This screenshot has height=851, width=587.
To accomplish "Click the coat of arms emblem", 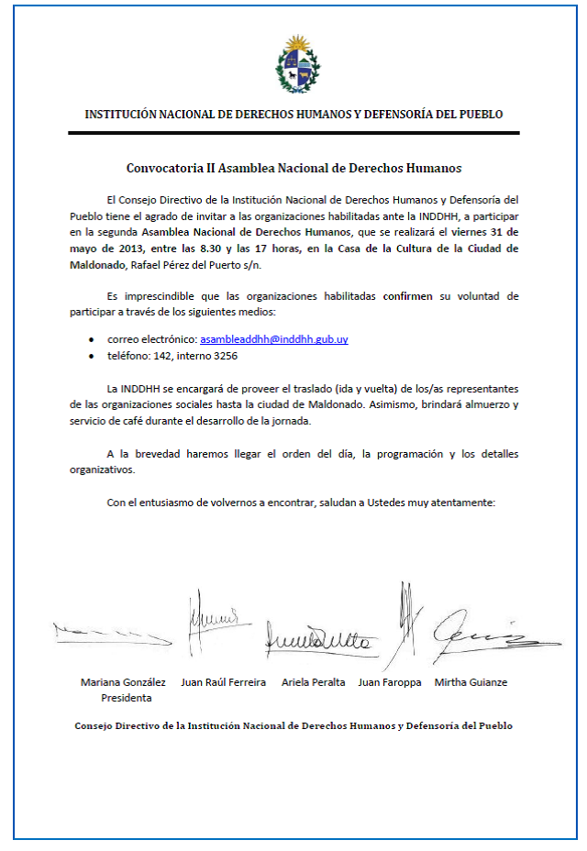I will pyautogui.click(x=298, y=63).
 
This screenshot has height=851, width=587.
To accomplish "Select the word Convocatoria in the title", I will pyautogui.click(x=162, y=169).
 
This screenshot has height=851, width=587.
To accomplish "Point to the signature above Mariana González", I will pyautogui.click(x=111, y=632).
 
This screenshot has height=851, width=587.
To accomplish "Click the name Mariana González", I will pyautogui.click(x=123, y=682).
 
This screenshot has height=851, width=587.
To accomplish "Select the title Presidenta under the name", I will pyautogui.click(x=127, y=698).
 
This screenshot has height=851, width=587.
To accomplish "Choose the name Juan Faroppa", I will pyautogui.click(x=390, y=682).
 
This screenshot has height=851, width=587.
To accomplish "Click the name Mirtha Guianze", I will pyautogui.click(x=471, y=682).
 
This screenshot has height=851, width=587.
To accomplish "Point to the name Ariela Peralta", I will pyautogui.click(x=314, y=682).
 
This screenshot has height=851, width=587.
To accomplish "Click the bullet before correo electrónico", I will pyautogui.click(x=91, y=340).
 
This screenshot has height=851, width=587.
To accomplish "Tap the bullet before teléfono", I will pyautogui.click(x=91, y=356).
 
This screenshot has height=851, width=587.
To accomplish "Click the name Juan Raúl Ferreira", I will pyautogui.click(x=224, y=682).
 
